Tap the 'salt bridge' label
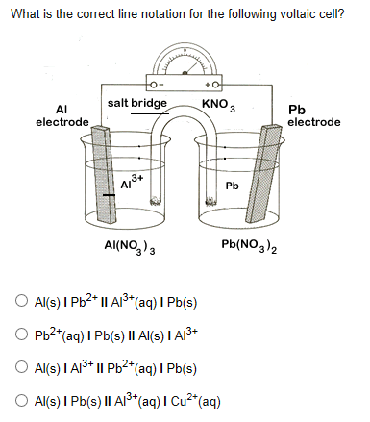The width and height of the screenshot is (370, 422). coord(137,103)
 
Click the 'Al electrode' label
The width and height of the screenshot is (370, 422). coord(62,116)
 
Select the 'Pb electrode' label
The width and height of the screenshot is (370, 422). coord(313,116)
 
